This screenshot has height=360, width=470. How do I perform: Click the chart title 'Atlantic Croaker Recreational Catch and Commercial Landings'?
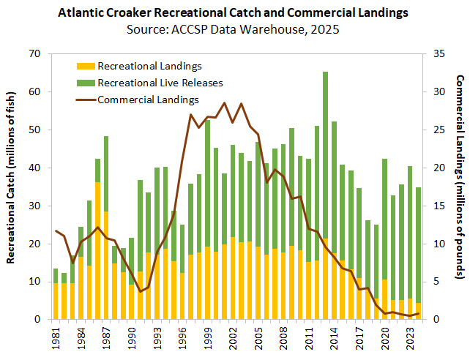pos(234,12)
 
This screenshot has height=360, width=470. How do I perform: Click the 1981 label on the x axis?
pos(56,339)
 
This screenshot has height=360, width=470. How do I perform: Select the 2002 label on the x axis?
pos(233,339)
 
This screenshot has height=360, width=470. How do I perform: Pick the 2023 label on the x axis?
pos(411,339)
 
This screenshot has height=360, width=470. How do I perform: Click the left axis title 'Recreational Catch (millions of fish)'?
pos(12,187)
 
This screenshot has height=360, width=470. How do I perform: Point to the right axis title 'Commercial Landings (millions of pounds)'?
pos(460,187)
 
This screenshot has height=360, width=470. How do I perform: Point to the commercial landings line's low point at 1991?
pos(140,292)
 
